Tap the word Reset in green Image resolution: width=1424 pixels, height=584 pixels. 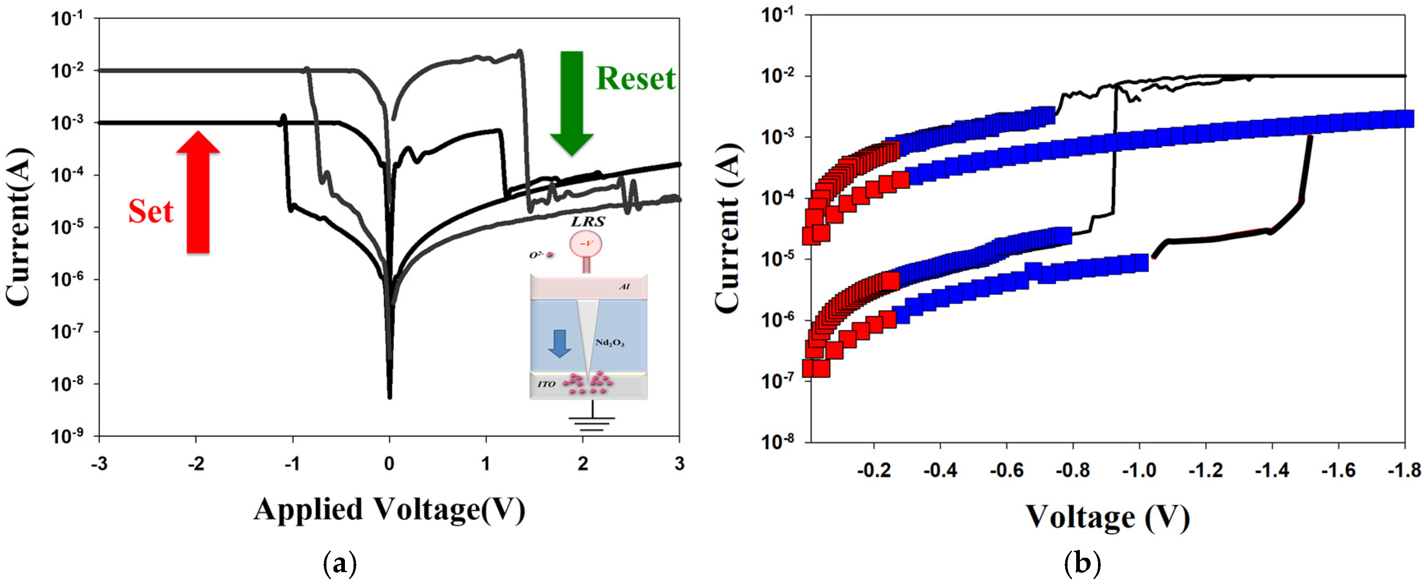(636, 78)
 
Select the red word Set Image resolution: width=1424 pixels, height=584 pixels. (151, 211)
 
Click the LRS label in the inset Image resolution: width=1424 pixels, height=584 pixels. (588, 221)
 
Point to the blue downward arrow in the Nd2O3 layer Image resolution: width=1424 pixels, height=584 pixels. (559, 343)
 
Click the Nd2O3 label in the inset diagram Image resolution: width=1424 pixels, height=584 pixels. (610, 343)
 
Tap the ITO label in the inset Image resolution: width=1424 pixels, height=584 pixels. (546, 384)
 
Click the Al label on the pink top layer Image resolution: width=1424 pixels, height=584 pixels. (624, 287)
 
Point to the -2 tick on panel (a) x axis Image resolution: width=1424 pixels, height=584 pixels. (196, 463)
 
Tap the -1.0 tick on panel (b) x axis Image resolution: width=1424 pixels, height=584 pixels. (1139, 470)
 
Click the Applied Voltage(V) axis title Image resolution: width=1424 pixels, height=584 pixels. (389, 509)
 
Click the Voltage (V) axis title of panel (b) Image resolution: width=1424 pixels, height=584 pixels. (1108, 517)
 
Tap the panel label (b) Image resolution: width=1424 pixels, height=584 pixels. (1082, 564)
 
